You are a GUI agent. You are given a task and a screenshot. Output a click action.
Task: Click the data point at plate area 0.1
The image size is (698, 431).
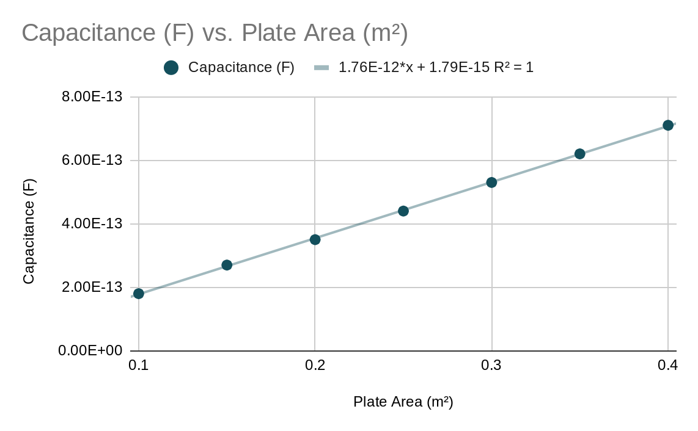(139, 294)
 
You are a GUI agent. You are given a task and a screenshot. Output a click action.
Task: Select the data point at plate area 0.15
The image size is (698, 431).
(227, 265)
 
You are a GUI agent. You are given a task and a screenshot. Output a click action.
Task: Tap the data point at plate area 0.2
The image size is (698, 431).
(315, 239)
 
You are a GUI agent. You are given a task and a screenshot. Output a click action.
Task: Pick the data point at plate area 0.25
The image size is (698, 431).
(403, 211)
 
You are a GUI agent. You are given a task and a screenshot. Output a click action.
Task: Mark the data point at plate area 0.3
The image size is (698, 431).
(491, 183)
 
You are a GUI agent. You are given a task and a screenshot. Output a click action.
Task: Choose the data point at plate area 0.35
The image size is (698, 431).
(580, 154)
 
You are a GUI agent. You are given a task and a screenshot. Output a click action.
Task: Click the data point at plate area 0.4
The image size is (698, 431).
(668, 125)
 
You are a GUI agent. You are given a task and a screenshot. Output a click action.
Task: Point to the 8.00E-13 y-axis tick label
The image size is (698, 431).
(92, 97)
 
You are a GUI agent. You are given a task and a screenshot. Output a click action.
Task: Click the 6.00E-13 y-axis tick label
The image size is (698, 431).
(92, 161)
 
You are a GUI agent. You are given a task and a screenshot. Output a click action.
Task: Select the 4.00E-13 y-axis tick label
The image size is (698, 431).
(92, 224)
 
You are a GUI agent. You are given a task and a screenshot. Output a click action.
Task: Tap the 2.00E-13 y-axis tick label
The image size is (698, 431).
(92, 288)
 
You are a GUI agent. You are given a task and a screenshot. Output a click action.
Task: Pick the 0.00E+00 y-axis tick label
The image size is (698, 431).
(90, 351)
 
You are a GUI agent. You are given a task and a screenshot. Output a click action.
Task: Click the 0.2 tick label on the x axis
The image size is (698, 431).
(315, 366)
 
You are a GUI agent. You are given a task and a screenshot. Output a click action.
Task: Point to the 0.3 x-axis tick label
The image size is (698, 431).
(491, 366)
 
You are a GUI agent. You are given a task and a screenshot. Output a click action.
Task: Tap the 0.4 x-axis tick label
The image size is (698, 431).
(668, 366)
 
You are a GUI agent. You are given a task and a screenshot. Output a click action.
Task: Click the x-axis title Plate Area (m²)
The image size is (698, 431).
(403, 402)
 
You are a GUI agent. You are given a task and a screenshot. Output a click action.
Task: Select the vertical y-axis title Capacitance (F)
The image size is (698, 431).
(29, 231)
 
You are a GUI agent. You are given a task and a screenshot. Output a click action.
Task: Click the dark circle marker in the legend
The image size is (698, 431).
(171, 68)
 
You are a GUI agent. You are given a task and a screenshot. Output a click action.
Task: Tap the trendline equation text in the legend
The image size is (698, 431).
(436, 68)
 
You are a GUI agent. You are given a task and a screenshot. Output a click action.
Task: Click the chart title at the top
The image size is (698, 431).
(215, 33)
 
